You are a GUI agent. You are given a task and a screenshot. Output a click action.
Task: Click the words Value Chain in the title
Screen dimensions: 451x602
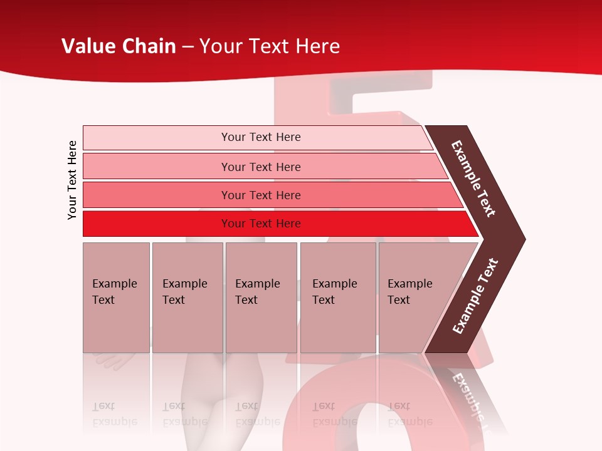point(119,46)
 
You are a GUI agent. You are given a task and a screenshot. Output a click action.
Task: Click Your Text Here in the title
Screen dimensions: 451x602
point(270,46)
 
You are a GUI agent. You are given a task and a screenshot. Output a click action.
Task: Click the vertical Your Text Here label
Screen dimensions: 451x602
point(72,180)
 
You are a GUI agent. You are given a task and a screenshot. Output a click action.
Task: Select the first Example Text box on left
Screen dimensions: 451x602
point(116,298)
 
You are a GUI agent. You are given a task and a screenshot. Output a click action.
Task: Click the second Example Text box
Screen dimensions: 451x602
point(187,298)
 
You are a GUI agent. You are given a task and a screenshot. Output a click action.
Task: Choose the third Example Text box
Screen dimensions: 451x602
point(261,298)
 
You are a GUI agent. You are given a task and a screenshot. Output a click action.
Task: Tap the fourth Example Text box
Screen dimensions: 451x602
point(338,298)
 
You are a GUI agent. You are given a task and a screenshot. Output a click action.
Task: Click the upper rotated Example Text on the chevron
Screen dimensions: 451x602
point(473,179)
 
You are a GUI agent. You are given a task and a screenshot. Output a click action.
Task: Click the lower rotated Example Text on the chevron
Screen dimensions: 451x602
point(475,296)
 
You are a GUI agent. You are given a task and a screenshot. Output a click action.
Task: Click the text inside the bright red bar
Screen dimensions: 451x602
point(261,224)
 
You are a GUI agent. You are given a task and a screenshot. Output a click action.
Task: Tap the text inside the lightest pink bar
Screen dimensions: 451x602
point(261,137)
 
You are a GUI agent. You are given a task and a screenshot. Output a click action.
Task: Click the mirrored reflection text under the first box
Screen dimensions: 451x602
point(114,414)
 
